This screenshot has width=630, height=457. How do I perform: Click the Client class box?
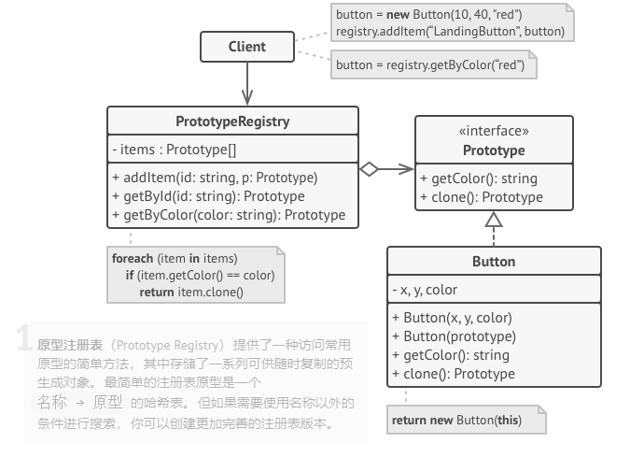click(246, 47)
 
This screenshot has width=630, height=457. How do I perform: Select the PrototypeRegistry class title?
click(232, 121)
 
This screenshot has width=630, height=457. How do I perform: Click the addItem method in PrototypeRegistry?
click(215, 177)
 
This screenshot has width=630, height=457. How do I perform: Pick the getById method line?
click(208, 195)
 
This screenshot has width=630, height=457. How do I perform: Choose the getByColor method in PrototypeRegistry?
click(228, 214)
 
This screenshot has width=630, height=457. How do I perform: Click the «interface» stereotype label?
click(494, 131)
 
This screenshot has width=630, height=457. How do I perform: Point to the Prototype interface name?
click(494, 150)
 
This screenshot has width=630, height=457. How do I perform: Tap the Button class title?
click(494, 262)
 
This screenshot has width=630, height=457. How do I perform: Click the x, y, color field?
click(426, 290)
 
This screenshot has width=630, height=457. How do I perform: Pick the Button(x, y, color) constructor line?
click(457, 318)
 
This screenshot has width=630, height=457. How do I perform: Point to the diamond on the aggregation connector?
click(370, 169)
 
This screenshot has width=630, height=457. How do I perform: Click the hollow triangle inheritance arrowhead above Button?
click(494, 221)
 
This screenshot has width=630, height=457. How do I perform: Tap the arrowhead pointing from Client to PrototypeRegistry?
click(246, 97)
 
